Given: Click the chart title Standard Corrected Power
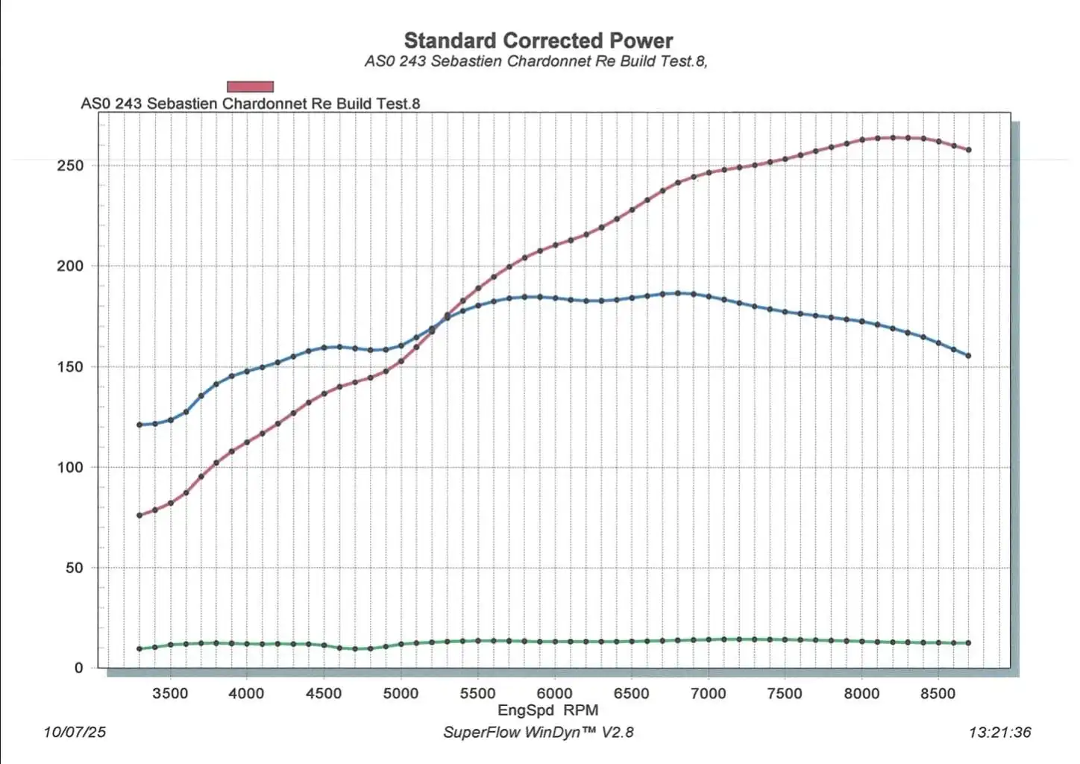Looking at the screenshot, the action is pyautogui.click(x=538, y=40).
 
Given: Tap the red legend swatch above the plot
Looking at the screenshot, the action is pyautogui.click(x=250, y=87).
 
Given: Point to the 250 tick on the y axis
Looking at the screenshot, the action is pyautogui.click(x=70, y=166).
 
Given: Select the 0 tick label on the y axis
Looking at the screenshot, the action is pyautogui.click(x=79, y=668).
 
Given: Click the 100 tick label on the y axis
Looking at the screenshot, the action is pyautogui.click(x=70, y=467).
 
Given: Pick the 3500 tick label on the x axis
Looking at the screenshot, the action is pyautogui.click(x=170, y=694).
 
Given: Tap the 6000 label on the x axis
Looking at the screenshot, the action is pyautogui.click(x=554, y=694).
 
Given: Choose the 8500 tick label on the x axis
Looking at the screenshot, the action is pyautogui.click(x=938, y=694).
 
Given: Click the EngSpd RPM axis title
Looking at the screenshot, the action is pyautogui.click(x=547, y=710).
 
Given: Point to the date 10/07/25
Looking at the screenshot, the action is pyautogui.click(x=75, y=732).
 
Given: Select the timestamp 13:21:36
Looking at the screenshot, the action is pyautogui.click(x=1000, y=732).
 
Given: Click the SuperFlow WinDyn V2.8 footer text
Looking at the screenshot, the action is pyautogui.click(x=538, y=732).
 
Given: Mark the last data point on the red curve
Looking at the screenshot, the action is pyautogui.click(x=969, y=150).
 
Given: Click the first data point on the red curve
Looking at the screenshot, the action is pyautogui.click(x=139, y=515).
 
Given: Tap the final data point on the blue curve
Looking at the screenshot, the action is pyautogui.click(x=969, y=356).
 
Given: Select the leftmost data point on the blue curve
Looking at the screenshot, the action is pyautogui.click(x=139, y=425).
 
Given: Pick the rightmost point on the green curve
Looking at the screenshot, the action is pyautogui.click(x=969, y=643).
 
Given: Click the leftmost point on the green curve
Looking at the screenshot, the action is pyautogui.click(x=139, y=648).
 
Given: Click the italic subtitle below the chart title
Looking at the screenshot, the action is pyautogui.click(x=536, y=61).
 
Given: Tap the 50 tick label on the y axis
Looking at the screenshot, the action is pyautogui.click(x=75, y=568).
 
